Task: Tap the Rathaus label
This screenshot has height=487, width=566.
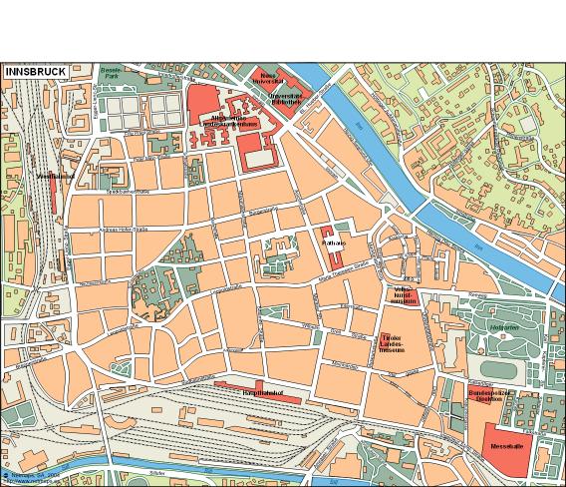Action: click(333, 242)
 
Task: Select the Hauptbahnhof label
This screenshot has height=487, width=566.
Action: click(263, 393)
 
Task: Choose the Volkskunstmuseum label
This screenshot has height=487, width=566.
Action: click(403, 296)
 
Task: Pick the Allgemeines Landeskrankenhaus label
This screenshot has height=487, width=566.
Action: click(232, 122)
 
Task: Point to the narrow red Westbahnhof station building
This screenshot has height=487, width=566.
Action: click(53, 195)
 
